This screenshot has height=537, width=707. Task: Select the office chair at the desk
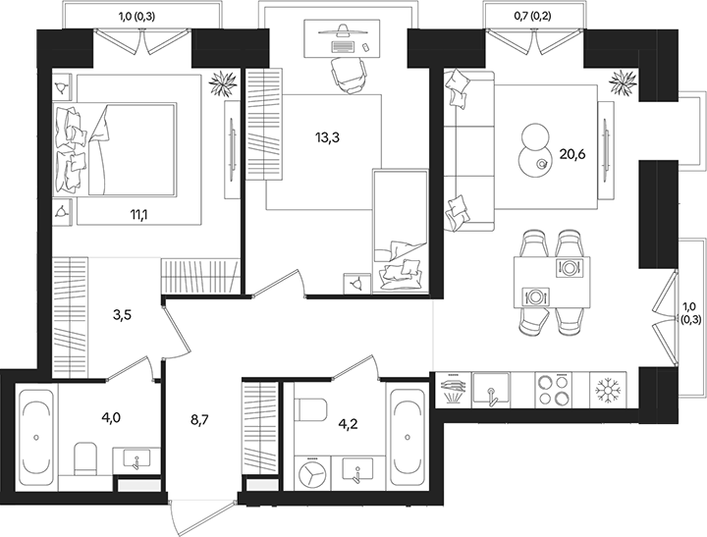pos(345,72)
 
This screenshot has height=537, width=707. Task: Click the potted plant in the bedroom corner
pos(222,81)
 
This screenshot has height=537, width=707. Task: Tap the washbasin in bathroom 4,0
pos(136,459)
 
